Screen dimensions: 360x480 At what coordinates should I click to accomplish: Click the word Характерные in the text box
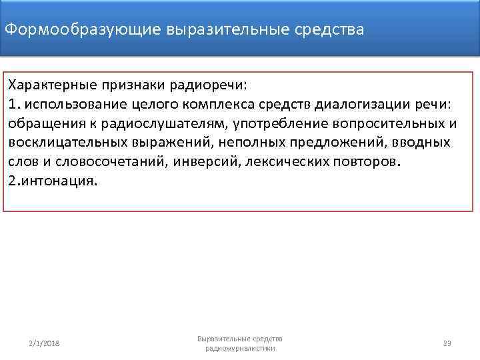(51, 86)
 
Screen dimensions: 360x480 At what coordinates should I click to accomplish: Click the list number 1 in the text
(12, 105)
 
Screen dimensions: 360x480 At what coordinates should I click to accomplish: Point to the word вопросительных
(379, 124)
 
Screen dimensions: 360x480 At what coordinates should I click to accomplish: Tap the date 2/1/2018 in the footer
(43, 343)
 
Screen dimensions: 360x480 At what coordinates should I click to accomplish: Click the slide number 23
(447, 343)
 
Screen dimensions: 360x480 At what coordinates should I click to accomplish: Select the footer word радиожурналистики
(240, 348)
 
